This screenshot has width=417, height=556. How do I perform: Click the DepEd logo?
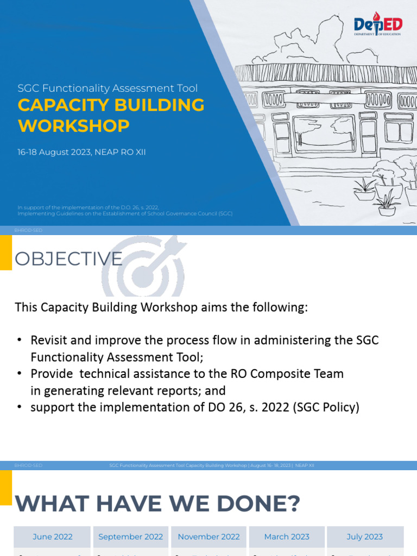pyautogui.click(x=377, y=25)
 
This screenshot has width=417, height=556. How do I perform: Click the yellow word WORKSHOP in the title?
pyautogui.click(x=74, y=126)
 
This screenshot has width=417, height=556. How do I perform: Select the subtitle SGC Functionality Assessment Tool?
pyautogui.click(x=108, y=88)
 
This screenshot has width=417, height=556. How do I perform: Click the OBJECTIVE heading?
pyautogui.click(x=68, y=259)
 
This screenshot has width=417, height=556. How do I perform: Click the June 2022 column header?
pyautogui.click(x=53, y=536)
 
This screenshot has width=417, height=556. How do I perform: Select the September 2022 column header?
pyautogui.click(x=130, y=536)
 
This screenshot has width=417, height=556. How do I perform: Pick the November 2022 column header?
pyautogui.click(x=208, y=536)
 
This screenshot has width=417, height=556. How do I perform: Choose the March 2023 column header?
pyautogui.click(x=287, y=536)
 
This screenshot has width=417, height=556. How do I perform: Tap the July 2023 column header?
pyautogui.click(x=365, y=536)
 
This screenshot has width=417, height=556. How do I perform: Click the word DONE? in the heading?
pyautogui.click(x=255, y=504)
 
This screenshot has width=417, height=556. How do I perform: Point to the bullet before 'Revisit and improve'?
pyautogui.click(x=20, y=340)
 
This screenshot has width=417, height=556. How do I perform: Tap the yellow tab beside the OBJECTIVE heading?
pyautogui.click(x=5, y=252)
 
